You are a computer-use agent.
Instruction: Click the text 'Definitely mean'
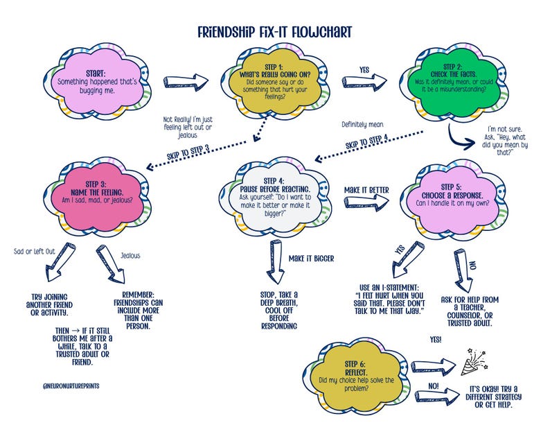tap(362, 125)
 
